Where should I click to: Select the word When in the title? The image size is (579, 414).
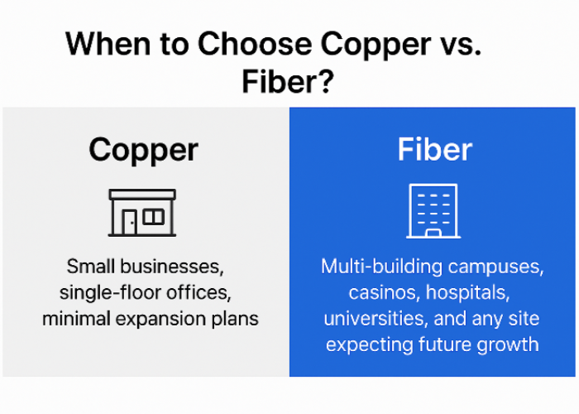click(101, 44)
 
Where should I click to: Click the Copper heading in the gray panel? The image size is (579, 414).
click(143, 150)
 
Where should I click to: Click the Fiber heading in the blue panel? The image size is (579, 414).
click(434, 150)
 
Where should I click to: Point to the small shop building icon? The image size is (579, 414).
click(142, 213)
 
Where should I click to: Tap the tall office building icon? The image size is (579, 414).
click(433, 211)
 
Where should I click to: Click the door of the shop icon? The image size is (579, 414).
click(130, 222)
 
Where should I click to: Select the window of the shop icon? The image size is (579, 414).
click(154, 217)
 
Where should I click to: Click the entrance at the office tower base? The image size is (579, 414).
click(433, 233)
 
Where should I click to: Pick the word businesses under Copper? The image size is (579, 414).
click(177, 267)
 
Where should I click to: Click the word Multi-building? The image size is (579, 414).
click(385, 267)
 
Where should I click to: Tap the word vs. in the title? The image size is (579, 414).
click(457, 44)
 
